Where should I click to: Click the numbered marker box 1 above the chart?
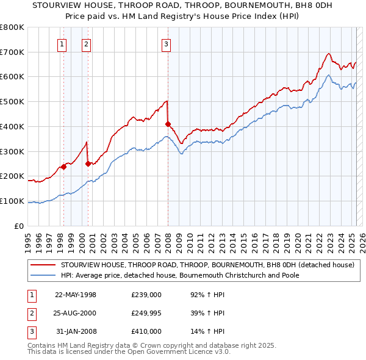[63, 43]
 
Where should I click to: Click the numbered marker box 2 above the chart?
[87, 43]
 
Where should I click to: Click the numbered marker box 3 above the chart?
[166, 43]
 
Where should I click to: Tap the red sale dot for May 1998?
[63, 166]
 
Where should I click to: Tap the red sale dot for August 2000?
[88, 164]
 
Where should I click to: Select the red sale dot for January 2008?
[168, 124]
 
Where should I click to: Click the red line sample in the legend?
[44, 265]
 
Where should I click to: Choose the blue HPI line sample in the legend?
[44, 275]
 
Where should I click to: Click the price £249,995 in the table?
[146, 313]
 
